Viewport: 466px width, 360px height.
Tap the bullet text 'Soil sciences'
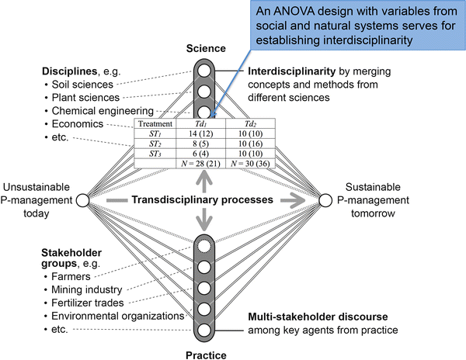point(83,85)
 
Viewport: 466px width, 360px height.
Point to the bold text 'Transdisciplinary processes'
point(203,200)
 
